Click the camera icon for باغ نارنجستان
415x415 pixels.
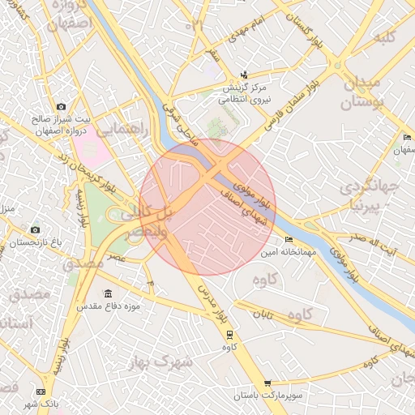34,230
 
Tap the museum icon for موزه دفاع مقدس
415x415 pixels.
108,293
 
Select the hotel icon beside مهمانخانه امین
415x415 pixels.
289,240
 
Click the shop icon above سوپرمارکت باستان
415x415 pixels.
267,383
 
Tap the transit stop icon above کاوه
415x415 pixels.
229,334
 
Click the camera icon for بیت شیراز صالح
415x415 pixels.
61,106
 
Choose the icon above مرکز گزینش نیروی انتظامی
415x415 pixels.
244,75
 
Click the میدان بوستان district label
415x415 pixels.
370,92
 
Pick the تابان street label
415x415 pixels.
263,313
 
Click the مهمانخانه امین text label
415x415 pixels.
285,253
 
